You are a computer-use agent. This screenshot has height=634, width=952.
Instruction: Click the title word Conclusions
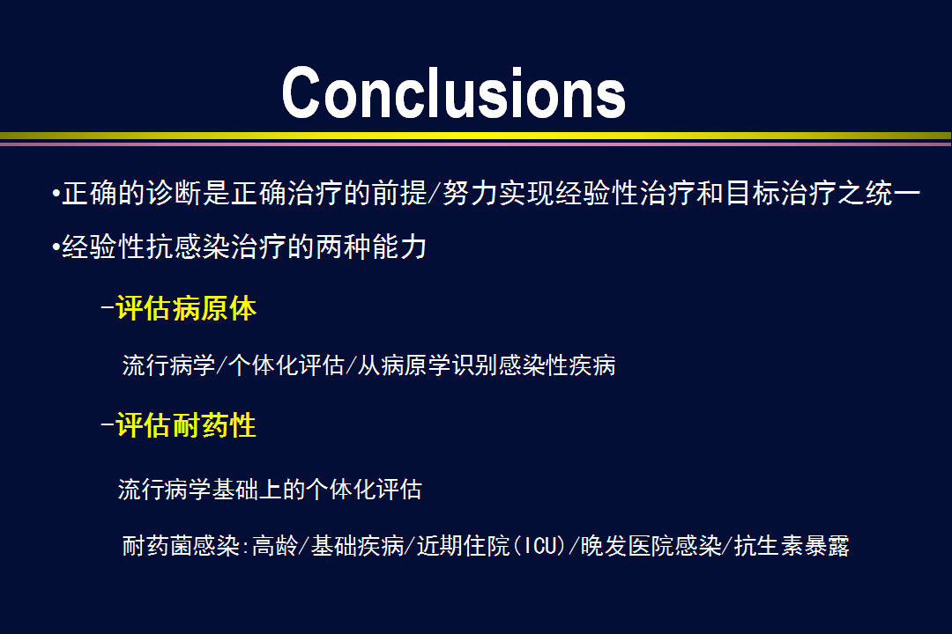click(x=454, y=92)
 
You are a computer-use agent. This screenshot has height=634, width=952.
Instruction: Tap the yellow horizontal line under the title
click(x=476, y=136)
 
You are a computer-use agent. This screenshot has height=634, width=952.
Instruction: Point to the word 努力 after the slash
click(x=471, y=194)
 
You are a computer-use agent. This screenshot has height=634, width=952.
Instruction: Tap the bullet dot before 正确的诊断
click(x=56, y=194)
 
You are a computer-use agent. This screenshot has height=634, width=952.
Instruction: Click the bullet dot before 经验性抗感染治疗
click(x=56, y=247)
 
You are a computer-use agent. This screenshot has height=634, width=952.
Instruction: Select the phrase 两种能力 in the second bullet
click(x=371, y=247)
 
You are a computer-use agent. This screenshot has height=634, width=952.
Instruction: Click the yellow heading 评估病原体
click(x=186, y=308)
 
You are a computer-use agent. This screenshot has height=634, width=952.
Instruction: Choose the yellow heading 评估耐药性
click(x=186, y=424)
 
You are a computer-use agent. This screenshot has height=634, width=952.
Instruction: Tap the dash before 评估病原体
click(x=108, y=308)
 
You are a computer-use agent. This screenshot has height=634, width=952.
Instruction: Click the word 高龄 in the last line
click(x=274, y=545)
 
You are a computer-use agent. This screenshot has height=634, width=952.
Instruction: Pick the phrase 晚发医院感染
click(x=651, y=545)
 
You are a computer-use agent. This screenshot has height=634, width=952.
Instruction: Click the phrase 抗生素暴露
click(x=792, y=545)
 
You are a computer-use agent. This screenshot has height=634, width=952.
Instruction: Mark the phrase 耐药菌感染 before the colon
click(x=181, y=545)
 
